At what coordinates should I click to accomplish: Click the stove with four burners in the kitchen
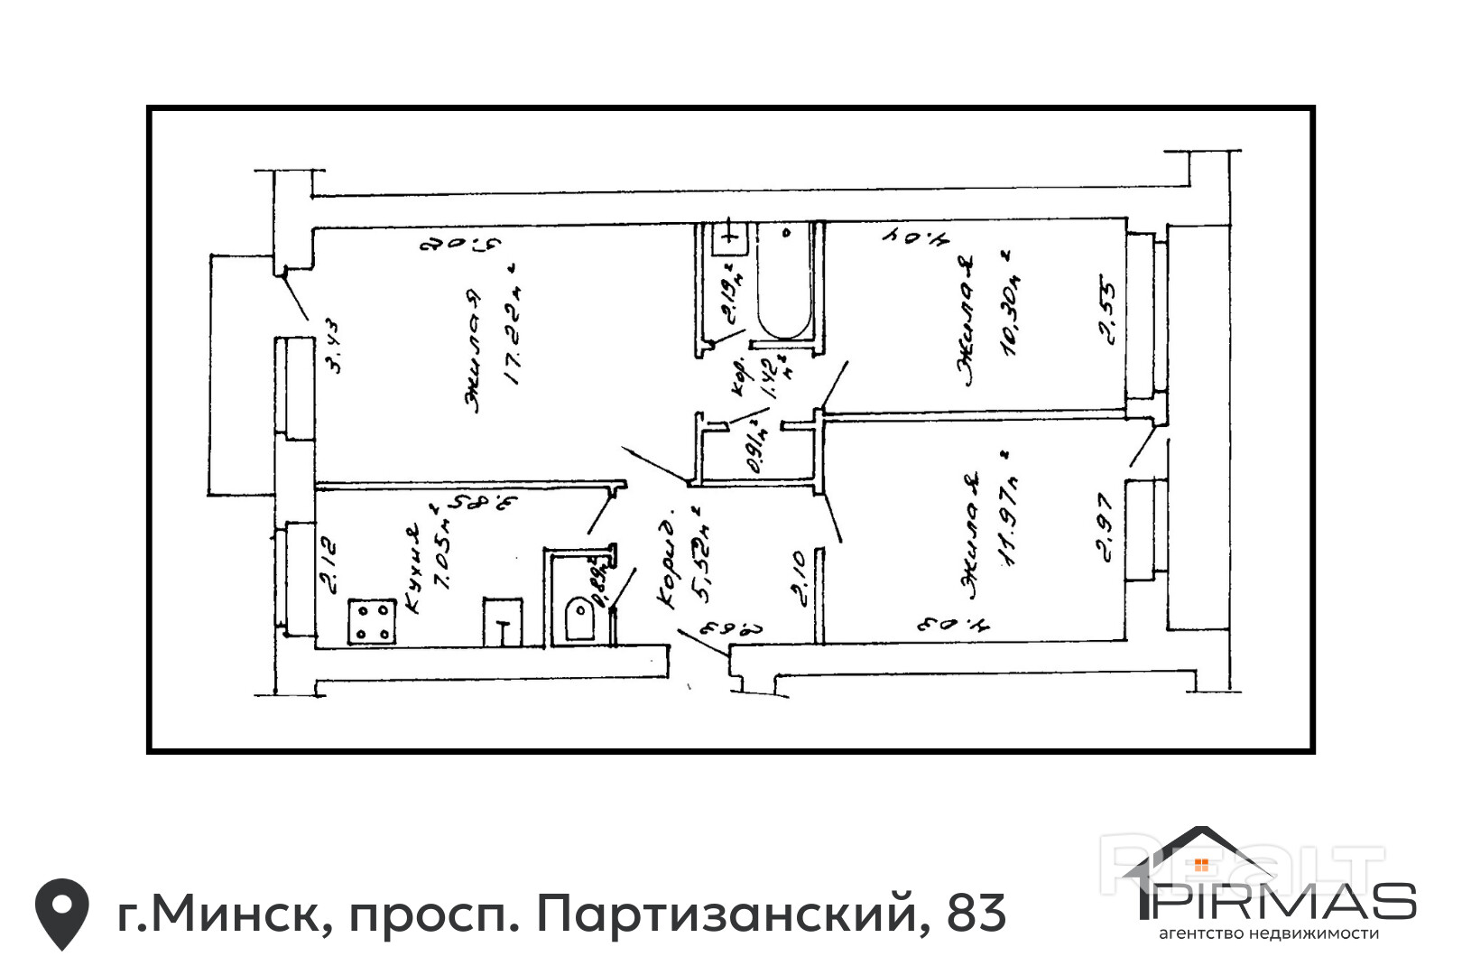pos(373,620)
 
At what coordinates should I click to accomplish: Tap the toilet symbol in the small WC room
pos(578,619)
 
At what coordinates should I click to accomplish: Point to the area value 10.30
pos(1011,307)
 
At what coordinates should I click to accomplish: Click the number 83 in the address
pos(976,913)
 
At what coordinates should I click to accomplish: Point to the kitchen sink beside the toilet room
pos(503,621)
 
